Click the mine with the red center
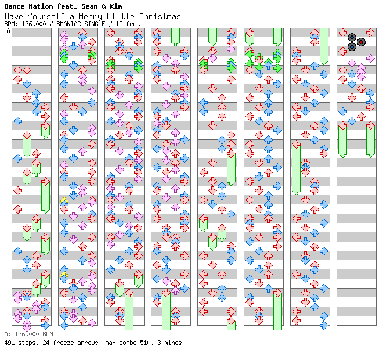361,42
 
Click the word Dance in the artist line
15,6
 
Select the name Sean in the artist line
90,6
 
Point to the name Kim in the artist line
115,6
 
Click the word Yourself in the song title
41,17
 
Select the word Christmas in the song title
158,17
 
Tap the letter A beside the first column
9,31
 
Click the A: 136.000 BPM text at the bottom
28,334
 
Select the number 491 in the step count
9,343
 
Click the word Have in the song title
12,17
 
